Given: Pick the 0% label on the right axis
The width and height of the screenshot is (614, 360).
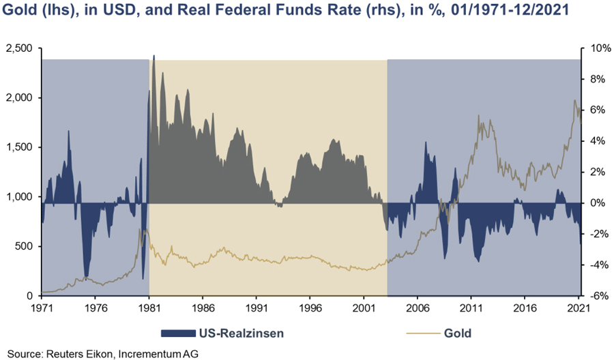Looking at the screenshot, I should (x=594, y=203).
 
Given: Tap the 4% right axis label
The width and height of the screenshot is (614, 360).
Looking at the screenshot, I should (x=594, y=141).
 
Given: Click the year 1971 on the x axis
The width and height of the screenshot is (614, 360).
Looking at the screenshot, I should (x=41, y=307).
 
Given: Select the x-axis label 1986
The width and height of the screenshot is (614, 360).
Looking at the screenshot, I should (x=203, y=307).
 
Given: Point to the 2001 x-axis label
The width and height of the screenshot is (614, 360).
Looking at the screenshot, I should (x=364, y=307).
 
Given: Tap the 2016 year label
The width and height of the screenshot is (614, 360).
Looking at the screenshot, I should (x=525, y=307).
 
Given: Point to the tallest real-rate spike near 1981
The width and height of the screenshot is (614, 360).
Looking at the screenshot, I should (x=153, y=56).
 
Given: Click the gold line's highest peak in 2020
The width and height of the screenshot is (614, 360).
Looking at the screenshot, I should (x=574, y=101).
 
